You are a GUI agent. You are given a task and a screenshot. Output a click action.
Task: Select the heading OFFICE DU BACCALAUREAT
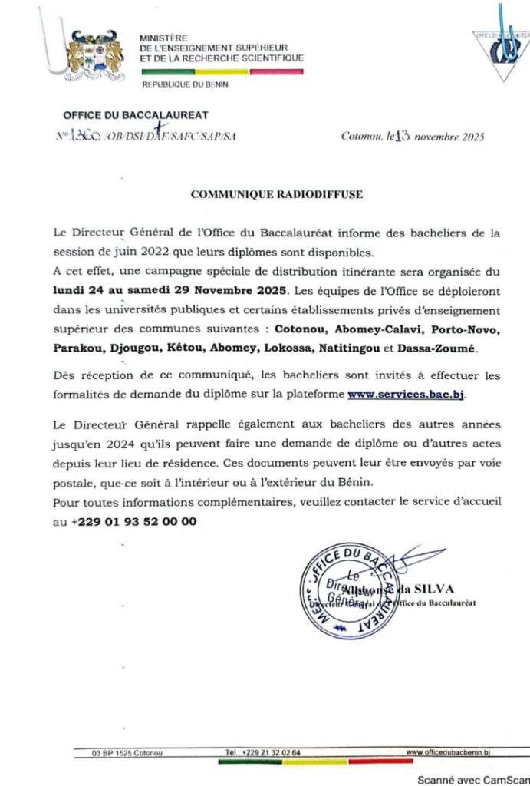pyautogui.click(x=136, y=115)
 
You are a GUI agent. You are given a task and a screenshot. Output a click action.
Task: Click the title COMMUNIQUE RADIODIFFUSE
pyautogui.click(x=276, y=195)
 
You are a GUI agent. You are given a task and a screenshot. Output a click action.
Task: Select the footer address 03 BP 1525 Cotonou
pyautogui.click(x=127, y=753)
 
